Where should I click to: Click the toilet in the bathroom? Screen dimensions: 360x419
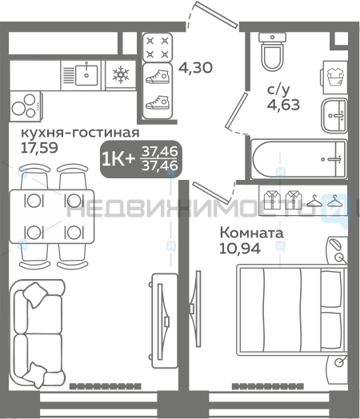(x=272, y=51)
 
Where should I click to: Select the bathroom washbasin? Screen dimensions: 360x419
(x=334, y=115)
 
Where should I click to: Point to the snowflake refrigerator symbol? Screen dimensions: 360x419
(x=121, y=74)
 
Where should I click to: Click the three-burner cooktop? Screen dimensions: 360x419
(x=26, y=106)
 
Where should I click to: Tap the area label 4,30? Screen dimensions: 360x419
(x=195, y=68)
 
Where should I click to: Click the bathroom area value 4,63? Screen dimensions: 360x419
(x=283, y=105)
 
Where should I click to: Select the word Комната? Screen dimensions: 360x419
(x=251, y=233)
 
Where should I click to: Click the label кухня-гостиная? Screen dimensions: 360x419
(x=80, y=132)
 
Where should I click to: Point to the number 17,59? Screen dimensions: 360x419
(x=39, y=147)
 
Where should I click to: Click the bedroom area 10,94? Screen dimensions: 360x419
(x=240, y=249)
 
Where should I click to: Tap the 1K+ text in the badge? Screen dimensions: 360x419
(x=118, y=159)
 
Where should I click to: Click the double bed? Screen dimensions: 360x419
(x=292, y=309)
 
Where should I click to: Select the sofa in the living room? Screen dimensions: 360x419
(x=37, y=333)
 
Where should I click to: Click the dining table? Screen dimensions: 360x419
(x=52, y=216)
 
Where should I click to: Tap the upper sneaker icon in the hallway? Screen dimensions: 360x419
(x=158, y=77)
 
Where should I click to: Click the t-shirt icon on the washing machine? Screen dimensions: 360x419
(x=336, y=77)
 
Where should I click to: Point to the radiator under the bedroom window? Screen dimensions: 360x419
(x=267, y=386)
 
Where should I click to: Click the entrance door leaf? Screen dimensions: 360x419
(x=217, y=14)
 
